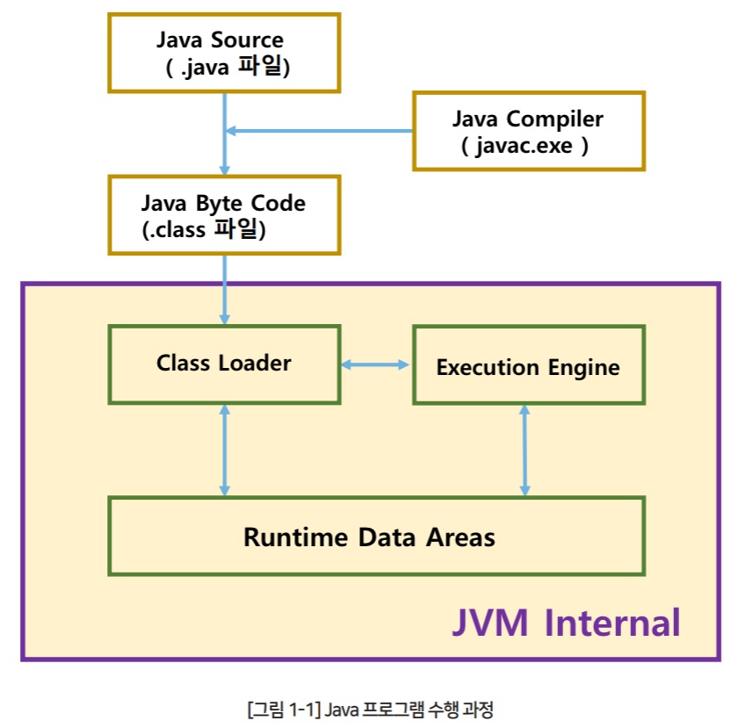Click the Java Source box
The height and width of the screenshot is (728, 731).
coord(223,52)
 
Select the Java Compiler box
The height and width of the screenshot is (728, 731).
coord(528,131)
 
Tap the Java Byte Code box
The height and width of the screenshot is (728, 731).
coord(223,215)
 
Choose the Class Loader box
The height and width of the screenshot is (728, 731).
coord(223,364)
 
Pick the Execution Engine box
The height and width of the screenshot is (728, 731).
coord(528,366)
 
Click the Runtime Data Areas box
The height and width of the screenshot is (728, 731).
coord(375,536)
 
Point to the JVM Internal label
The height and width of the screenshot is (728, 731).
coord(566,623)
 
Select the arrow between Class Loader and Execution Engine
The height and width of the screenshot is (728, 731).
coord(376,364)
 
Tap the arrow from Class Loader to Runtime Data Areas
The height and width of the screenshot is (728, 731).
coord(225,450)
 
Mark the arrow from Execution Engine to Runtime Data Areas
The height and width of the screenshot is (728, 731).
coord(525,450)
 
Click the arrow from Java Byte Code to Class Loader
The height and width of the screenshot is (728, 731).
coord(225,290)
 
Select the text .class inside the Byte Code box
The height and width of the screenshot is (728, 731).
coord(175,229)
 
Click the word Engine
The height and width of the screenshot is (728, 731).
coord(585,368)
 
